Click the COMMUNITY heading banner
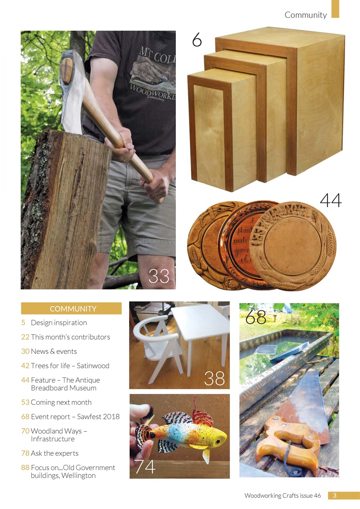click(71, 309)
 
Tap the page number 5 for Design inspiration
click(23, 323)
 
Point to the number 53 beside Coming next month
click(25, 402)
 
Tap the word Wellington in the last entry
click(78, 476)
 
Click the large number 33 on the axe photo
click(159, 276)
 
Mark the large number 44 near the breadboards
click(331, 201)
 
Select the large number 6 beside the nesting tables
click(197, 40)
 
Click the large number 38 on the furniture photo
click(214, 379)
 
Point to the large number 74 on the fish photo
click(145, 467)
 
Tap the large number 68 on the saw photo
click(255, 317)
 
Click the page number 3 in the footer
click(335, 495)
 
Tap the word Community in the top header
click(306, 15)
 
